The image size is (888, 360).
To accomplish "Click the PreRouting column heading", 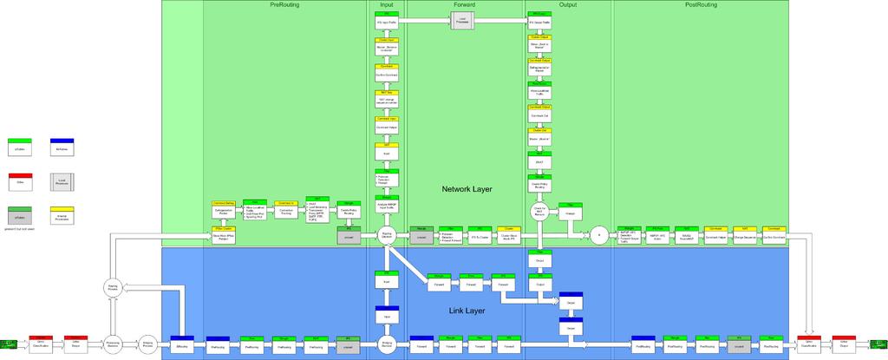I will coord(285,5).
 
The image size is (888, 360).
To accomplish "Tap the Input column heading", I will coord(387,5).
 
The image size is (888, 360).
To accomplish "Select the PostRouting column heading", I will coord(701,5).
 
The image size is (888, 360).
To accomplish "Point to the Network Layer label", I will coord(467,189).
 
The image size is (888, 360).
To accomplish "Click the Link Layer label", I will coord(467,310).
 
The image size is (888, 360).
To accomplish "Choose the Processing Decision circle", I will coord(112,345).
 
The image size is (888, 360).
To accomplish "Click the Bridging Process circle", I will coord(147,345).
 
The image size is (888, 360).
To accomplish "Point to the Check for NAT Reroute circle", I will coord(539,211).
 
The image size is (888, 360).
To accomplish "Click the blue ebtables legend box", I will coord(62,147).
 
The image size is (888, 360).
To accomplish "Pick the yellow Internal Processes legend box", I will coord(62,214).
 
